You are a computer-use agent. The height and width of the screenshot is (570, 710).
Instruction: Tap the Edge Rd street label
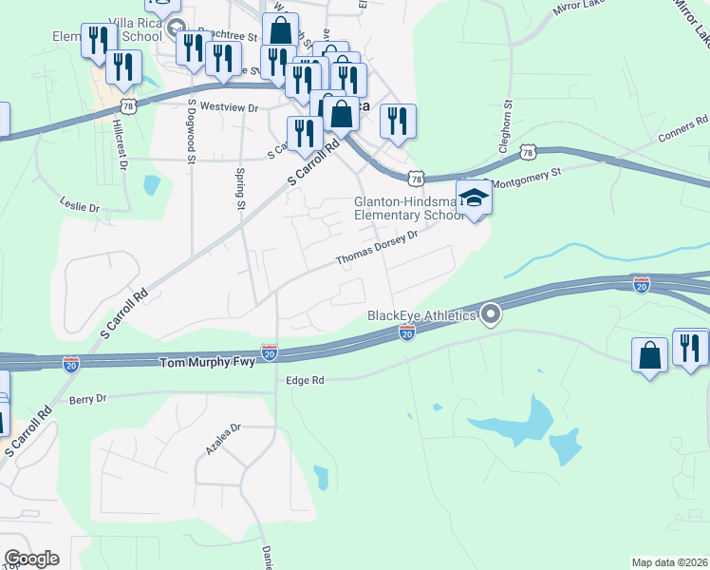tap(305, 380)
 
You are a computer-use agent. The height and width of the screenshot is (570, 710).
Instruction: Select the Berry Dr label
tap(87, 400)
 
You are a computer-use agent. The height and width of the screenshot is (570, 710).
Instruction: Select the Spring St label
tap(240, 186)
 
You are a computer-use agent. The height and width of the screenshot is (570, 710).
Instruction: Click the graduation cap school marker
tap(472, 198)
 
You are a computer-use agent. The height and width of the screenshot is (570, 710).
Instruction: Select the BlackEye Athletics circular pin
tap(491, 313)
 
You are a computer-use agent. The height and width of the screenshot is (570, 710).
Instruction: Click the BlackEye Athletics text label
tap(421, 315)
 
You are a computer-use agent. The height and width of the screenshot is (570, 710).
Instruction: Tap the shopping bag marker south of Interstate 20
tap(650, 354)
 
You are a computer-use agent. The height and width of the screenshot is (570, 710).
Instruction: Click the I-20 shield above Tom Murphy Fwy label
tap(270, 351)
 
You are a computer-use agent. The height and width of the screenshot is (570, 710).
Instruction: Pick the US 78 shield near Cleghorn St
tap(529, 152)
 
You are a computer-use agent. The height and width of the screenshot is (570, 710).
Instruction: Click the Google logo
tap(31, 559)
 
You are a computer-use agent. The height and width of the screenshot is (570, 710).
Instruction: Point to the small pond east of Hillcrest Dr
tap(151, 184)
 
